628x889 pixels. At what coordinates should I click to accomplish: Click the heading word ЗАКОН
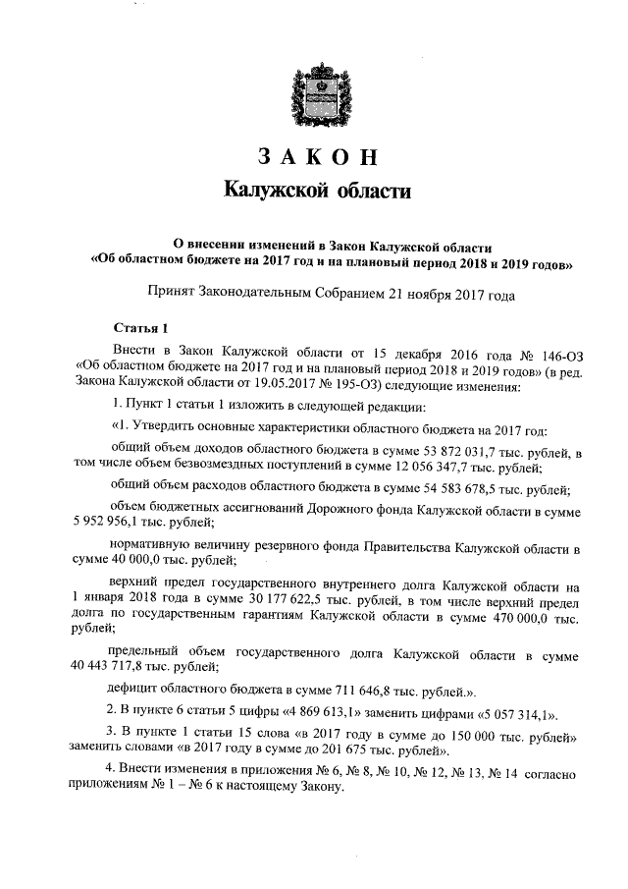click(315, 157)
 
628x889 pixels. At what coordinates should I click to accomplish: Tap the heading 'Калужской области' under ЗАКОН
click(314, 189)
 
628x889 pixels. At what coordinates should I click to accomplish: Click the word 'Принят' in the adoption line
click(170, 292)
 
